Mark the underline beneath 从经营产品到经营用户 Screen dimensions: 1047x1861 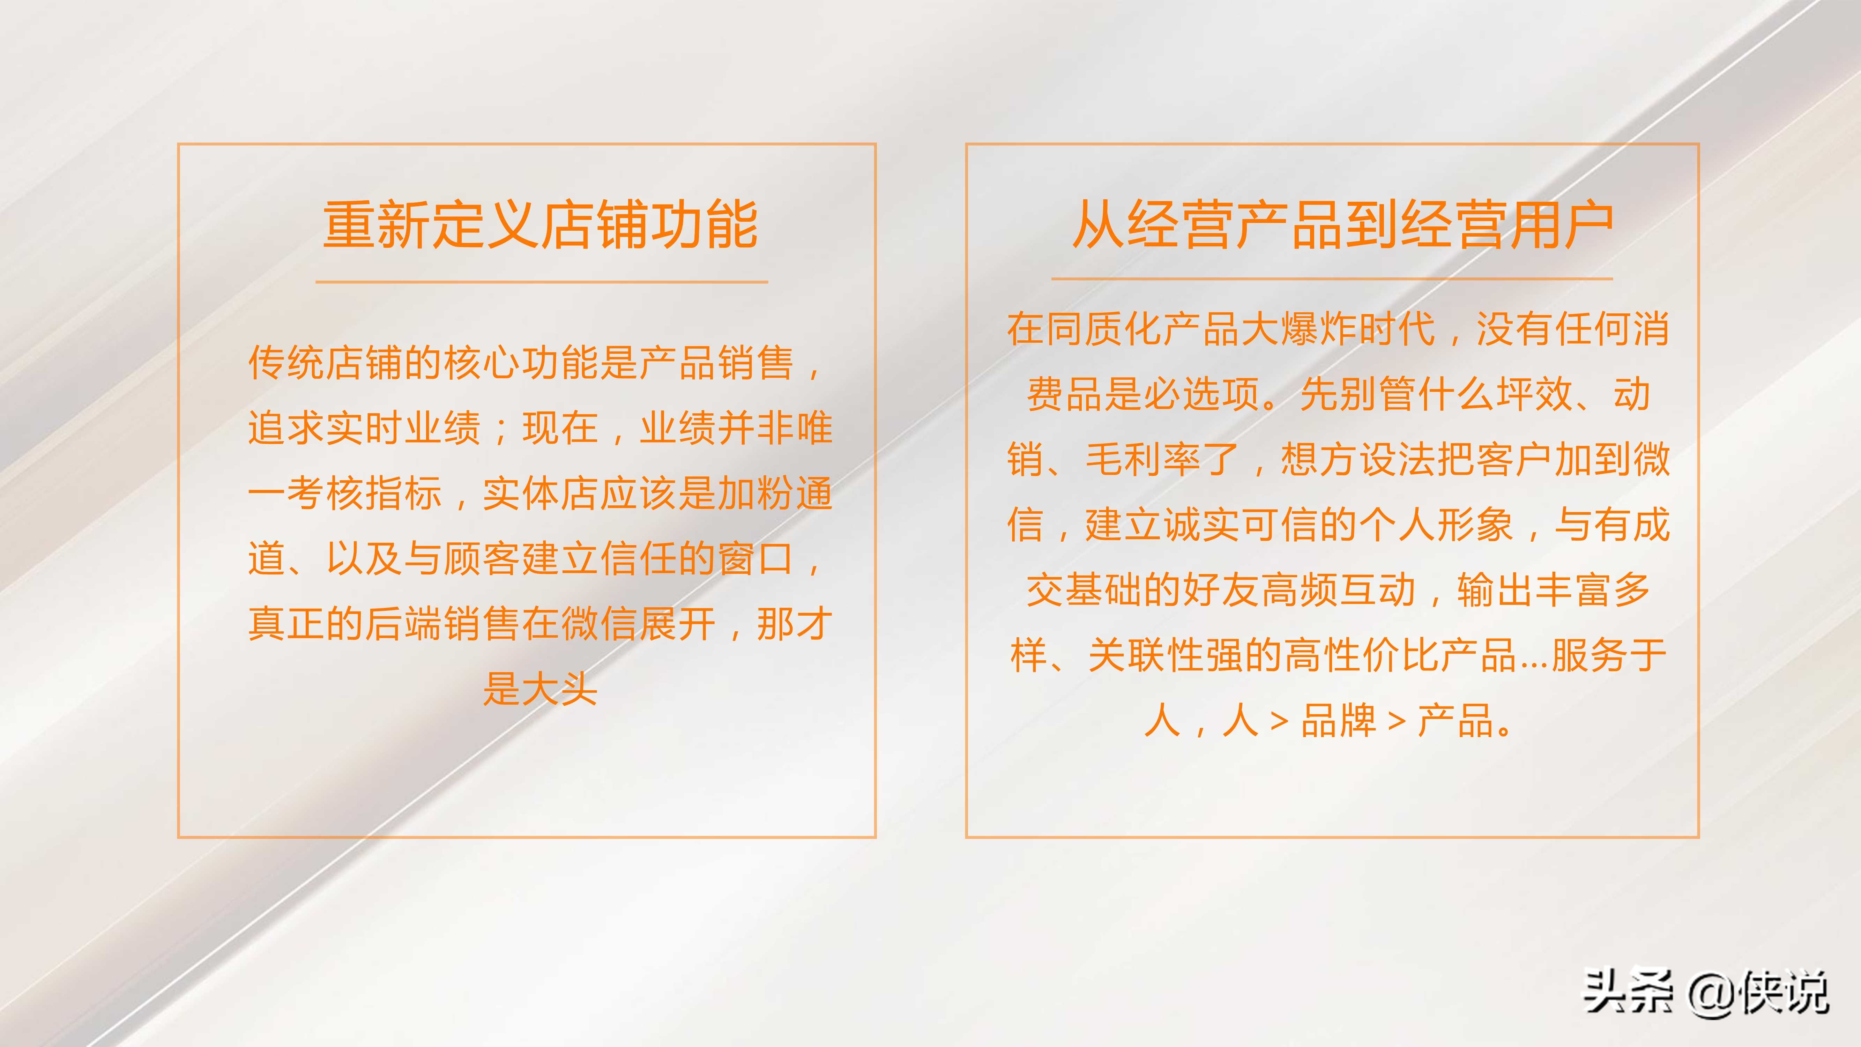[1331, 278]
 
